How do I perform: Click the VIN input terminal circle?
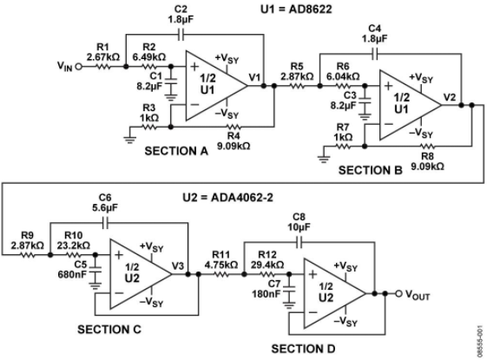tap(79, 67)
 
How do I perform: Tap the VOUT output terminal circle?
tap(398, 293)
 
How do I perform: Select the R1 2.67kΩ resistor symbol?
tap(102, 67)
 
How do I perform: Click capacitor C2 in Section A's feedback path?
tap(181, 35)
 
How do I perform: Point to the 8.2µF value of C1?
tap(149, 86)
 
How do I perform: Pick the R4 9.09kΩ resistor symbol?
tap(233, 127)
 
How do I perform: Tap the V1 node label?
tap(254, 77)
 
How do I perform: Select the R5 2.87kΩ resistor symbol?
tap(297, 86)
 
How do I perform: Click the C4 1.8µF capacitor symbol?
tap(375, 54)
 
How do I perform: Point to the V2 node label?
tap(450, 97)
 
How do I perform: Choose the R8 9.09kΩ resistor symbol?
tap(427, 146)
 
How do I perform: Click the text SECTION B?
tap(370, 170)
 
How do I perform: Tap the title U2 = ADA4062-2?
tap(227, 198)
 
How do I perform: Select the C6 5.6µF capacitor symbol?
tap(105, 223)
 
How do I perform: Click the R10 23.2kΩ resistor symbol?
tap(73, 255)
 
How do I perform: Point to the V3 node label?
tap(178, 266)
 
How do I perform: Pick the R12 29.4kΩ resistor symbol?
tap(267, 274)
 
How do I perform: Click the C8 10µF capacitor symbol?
tap(299, 242)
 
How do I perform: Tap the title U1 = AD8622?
tap(296, 9)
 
